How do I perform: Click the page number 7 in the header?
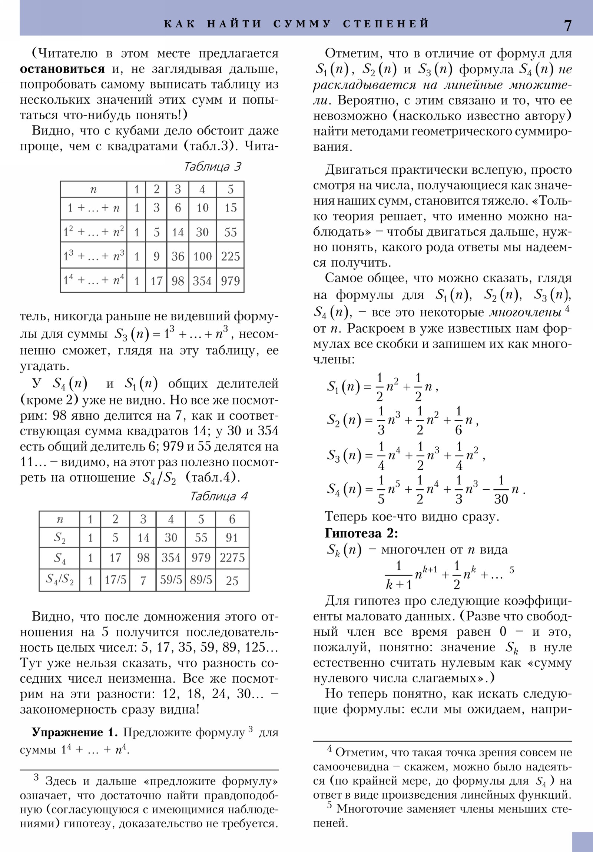click(x=567, y=25)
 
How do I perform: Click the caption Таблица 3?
click(x=212, y=166)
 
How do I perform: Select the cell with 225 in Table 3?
click(x=230, y=256)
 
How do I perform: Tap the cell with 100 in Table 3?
click(x=202, y=256)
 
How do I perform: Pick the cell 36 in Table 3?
click(x=178, y=256)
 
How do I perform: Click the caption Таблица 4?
click(x=218, y=496)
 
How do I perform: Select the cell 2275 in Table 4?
click(x=232, y=558)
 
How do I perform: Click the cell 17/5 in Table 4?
click(x=115, y=580)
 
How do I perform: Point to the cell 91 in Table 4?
click(x=232, y=538)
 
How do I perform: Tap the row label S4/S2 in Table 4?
click(x=59, y=579)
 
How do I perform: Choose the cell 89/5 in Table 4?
click(x=201, y=580)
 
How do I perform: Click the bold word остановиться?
click(x=62, y=69)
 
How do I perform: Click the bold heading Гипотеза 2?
click(x=361, y=533)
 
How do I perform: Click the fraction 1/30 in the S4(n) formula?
click(x=501, y=490)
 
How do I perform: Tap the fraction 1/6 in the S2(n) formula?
click(x=458, y=420)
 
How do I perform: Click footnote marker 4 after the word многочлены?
click(x=567, y=308)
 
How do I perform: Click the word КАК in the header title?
click(x=180, y=24)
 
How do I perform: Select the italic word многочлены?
click(x=525, y=312)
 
